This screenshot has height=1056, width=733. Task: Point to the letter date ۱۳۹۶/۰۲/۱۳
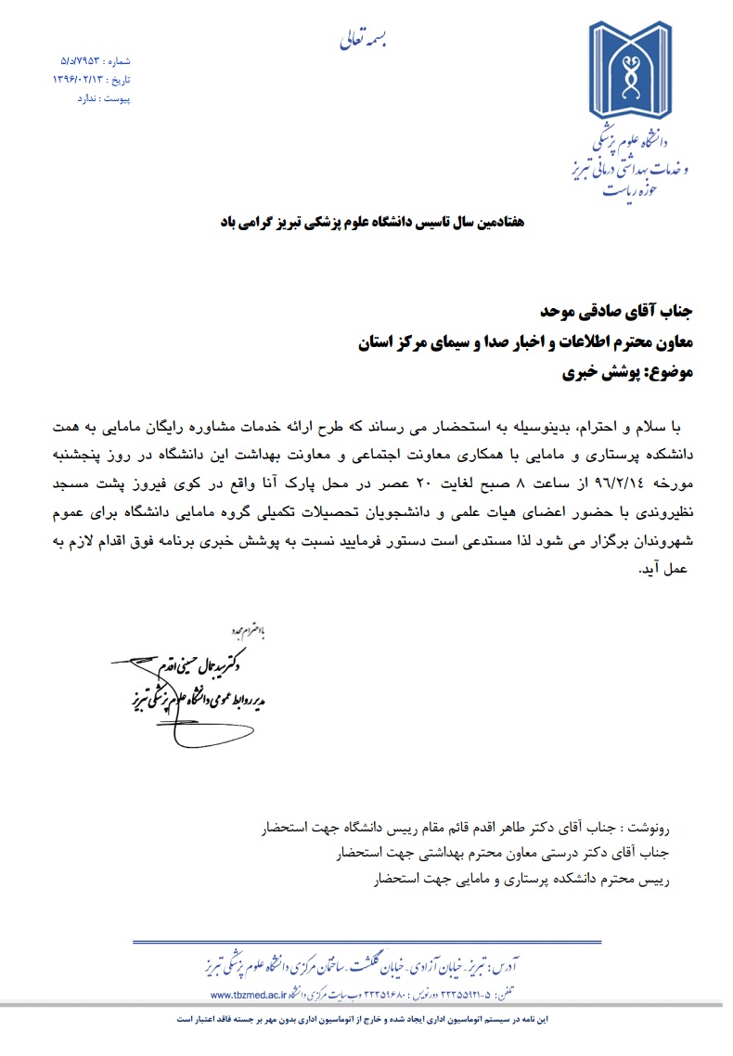point(78,80)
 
